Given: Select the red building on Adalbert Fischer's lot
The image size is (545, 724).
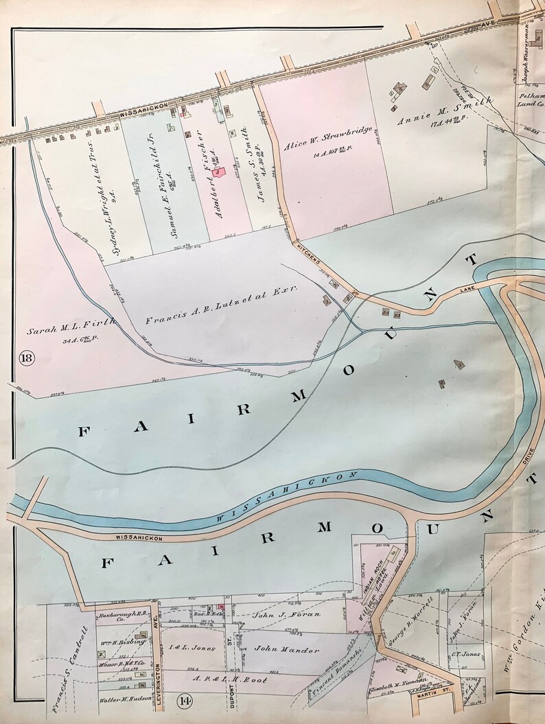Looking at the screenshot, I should click(x=220, y=173).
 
